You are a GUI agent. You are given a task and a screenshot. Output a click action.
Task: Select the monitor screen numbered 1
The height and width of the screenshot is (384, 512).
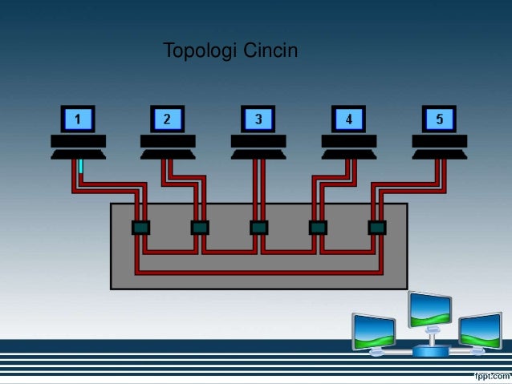tap(78, 119)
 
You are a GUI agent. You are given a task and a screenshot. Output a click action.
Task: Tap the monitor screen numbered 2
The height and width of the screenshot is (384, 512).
tap(168, 119)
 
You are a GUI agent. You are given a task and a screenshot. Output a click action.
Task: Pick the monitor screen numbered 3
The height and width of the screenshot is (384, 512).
tap(258, 119)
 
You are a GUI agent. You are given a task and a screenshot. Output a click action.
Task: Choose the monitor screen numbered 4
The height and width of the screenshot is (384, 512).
tap(349, 119)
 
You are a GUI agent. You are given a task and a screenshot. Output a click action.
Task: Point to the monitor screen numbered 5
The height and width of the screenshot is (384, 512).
tap(440, 119)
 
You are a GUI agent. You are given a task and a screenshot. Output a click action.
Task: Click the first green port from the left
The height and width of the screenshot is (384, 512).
tap(141, 228)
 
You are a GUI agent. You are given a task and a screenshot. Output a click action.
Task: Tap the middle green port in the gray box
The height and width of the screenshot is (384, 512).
tap(258, 228)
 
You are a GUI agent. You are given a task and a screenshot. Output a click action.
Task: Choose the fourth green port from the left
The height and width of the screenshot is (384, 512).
tap(318, 228)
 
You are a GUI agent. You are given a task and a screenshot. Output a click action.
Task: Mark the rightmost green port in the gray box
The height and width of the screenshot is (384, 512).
tap(376, 228)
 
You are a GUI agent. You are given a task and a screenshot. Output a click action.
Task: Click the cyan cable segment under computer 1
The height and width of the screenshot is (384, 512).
tap(81, 167)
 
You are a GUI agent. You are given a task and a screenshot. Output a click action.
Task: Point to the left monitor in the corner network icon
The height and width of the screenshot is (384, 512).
tap(374, 329)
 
